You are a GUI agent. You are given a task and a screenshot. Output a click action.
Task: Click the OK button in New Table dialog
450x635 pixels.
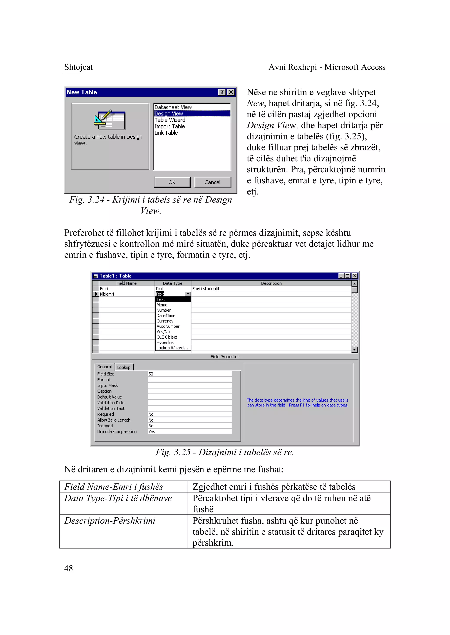point(172,182)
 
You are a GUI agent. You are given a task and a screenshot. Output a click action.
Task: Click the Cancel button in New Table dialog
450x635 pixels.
point(212,182)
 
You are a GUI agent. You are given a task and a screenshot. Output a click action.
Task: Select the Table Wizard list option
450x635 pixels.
point(170,120)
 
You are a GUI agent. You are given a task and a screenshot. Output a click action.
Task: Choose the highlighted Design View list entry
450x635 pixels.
point(169,114)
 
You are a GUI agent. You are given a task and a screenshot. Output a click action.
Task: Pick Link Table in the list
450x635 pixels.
point(166,133)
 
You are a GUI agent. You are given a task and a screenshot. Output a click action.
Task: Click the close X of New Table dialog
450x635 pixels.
point(231,92)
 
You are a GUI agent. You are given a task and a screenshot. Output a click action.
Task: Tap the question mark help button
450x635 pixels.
point(222,92)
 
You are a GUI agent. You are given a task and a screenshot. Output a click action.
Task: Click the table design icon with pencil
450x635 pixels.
point(110,120)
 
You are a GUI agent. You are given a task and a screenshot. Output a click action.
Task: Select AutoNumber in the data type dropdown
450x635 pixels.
point(168,326)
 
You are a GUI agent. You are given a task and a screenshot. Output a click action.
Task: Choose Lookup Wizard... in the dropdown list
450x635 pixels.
point(172,348)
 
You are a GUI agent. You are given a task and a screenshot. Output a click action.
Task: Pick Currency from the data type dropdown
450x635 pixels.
point(165,321)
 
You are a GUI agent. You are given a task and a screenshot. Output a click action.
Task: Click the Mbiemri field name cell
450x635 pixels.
point(107,294)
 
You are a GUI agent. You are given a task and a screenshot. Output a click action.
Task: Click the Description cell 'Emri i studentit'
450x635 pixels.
point(206,289)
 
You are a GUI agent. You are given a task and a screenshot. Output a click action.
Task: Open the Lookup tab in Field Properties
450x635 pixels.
point(124,367)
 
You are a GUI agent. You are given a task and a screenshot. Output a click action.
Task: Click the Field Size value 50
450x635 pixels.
point(151,374)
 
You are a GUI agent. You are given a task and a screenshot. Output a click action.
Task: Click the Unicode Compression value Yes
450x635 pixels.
point(152,431)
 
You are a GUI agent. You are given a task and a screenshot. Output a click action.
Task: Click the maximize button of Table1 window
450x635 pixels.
point(347,276)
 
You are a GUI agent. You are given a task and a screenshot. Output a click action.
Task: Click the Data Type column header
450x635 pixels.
point(173,283)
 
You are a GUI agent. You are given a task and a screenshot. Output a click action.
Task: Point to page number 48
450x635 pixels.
point(68,568)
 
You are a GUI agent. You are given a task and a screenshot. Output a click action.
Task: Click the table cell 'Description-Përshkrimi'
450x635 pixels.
point(110,521)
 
